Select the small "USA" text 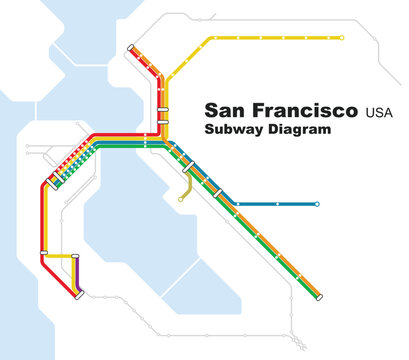coord(380,110)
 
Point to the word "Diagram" coord(298,130)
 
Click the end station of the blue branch coord(317,204)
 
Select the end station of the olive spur coord(180,199)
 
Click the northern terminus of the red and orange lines coord(130,47)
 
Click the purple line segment coord(76,274)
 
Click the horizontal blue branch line coord(280,204)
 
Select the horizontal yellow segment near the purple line coord(60,256)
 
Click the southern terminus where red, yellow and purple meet coord(78,292)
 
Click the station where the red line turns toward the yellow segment coord(43,254)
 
